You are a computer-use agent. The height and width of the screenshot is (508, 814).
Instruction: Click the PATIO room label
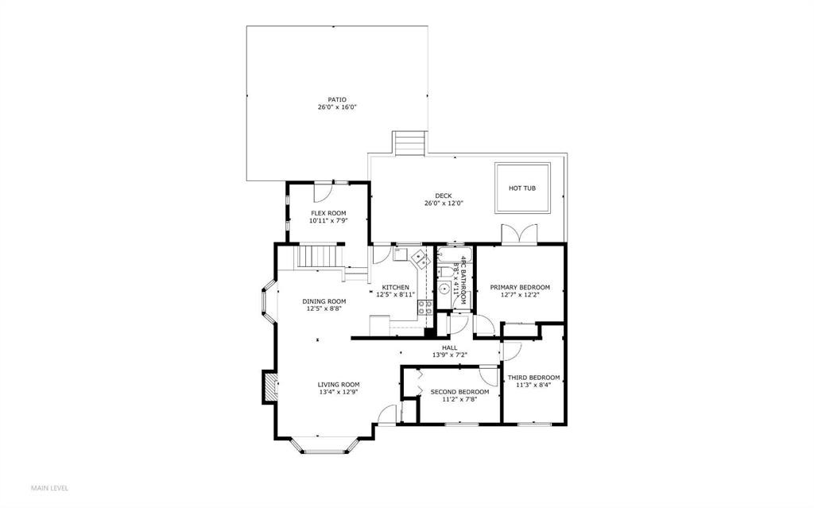[336, 99]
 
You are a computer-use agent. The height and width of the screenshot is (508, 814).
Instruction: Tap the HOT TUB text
[522, 188]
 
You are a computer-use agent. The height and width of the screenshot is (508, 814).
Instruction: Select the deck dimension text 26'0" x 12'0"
[444, 204]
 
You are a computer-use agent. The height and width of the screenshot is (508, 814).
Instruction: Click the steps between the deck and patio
[410, 143]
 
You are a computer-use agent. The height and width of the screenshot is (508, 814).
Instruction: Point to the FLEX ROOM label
[328, 213]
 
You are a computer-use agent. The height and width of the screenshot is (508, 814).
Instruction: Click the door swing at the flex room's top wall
[323, 192]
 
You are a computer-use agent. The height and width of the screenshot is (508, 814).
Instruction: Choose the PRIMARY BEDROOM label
[520, 287]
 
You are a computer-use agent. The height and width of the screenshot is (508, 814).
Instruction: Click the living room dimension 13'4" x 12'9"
[339, 392]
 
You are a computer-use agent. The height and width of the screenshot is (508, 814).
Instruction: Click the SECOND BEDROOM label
[459, 392]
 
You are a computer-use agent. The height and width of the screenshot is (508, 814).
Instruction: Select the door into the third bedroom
[511, 351]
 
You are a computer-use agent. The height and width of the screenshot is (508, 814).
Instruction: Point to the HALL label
[449, 347]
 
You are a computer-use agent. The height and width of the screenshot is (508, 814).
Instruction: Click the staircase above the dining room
[317, 258]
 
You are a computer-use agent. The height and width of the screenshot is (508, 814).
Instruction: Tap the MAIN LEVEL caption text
[49, 487]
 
